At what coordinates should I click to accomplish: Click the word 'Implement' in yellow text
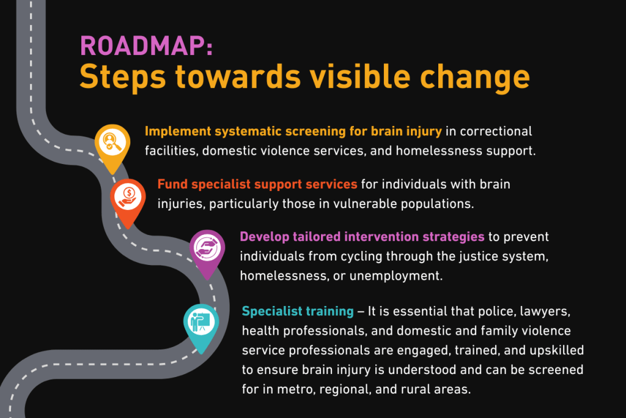pos(178,132)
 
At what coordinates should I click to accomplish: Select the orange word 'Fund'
pos(172,184)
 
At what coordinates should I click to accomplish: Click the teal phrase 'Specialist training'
pos(298,312)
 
